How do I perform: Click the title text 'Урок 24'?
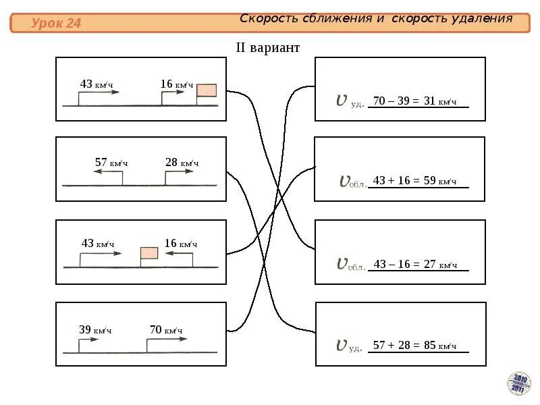click(x=56, y=24)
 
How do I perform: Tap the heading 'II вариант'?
click(x=267, y=48)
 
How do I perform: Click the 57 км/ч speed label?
click(x=111, y=163)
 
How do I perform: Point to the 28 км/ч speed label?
click(x=182, y=163)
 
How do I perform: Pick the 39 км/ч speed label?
click(x=95, y=330)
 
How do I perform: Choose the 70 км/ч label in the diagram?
click(x=166, y=330)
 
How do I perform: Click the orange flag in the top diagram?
click(x=207, y=91)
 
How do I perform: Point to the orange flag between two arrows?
click(x=149, y=253)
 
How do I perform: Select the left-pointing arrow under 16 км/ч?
click(x=179, y=254)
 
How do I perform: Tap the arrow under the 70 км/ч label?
click(x=167, y=339)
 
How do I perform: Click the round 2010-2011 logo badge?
click(x=519, y=383)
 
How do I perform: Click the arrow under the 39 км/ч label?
click(x=88, y=340)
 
